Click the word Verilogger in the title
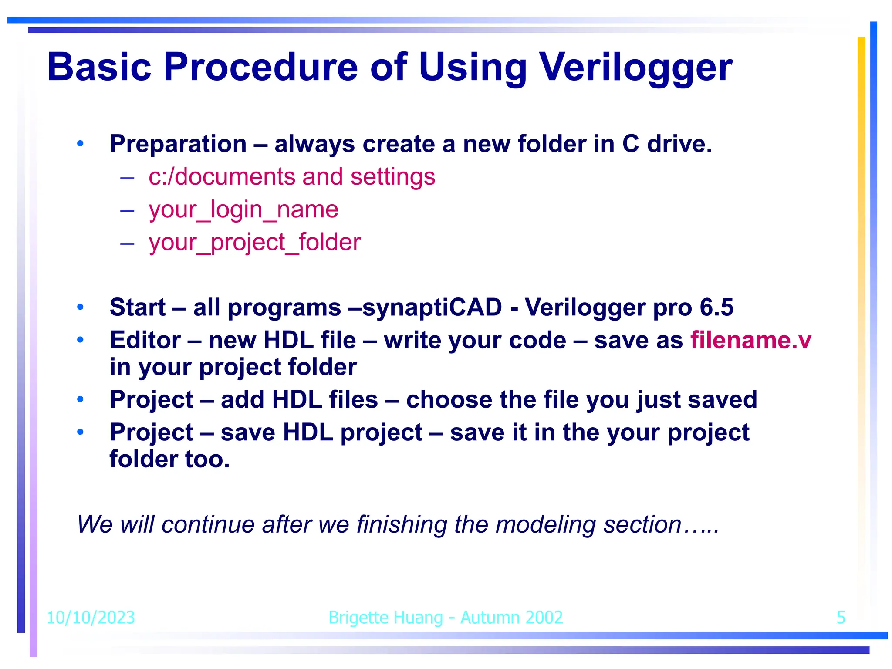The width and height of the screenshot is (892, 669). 636,68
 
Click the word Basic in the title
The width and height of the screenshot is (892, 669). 99,68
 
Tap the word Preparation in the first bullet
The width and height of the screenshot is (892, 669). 178,144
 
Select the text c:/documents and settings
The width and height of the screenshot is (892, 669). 292,177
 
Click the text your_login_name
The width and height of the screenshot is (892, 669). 243,209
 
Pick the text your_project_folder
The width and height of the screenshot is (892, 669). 255,242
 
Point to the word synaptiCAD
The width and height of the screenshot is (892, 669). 432,307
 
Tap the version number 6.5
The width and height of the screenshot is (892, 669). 716,307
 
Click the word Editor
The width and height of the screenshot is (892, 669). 145,340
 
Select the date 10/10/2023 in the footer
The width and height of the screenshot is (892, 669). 91,618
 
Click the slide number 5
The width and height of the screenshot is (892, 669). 841,618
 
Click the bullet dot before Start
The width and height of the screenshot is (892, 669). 80,307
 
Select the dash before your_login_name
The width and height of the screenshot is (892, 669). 127,210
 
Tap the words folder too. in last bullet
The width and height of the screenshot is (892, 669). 170,460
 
